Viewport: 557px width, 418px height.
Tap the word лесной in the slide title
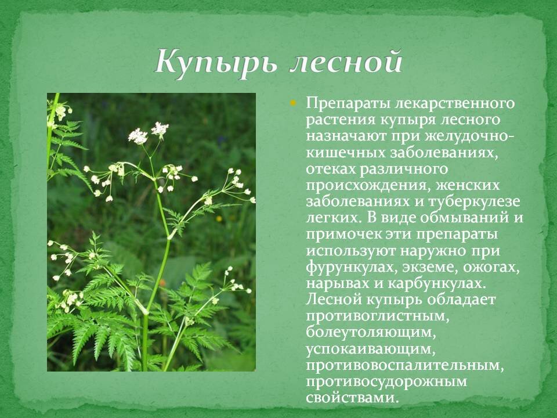[345, 62]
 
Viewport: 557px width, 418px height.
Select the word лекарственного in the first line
[454, 105]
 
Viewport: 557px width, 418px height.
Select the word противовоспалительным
[404, 366]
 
